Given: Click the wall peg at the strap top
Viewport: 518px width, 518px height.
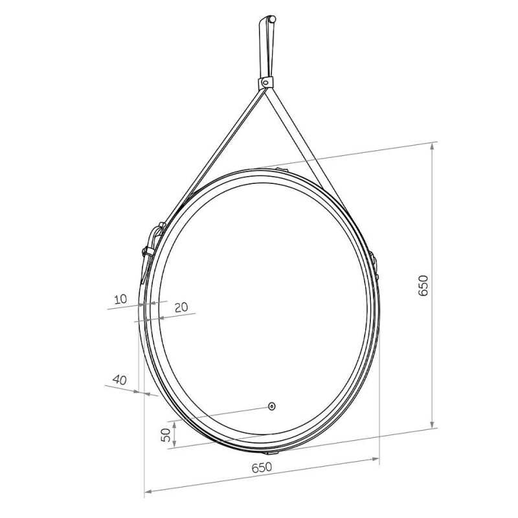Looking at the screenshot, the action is click(272, 19).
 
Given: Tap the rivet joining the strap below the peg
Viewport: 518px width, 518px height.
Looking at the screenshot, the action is click(265, 82).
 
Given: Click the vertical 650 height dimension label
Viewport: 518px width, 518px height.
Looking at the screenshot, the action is click(423, 286).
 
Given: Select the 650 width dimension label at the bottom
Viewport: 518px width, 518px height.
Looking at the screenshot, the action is click(262, 467).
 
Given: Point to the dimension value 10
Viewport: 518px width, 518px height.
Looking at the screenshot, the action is click(120, 299).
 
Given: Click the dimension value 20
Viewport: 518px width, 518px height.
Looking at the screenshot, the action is click(181, 307).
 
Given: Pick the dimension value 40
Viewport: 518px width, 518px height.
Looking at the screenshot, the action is click(120, 379).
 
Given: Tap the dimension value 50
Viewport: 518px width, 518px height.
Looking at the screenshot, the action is click(166, 434).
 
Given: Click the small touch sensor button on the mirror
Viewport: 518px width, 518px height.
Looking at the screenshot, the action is click(271, 406).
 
